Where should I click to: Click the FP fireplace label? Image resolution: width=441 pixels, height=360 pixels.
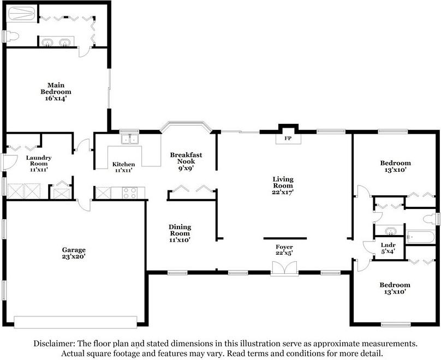(x=288, y=138)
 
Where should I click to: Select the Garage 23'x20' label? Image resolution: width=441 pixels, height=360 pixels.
(x=74, y=253)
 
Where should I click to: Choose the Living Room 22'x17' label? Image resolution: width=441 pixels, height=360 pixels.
(x=283, y=185)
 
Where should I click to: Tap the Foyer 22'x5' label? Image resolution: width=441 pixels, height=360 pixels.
(x=284, y=250)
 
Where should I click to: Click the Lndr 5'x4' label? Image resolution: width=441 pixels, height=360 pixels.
(x=388, y=248)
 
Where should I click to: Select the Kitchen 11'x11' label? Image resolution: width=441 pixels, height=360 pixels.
(x=123, y=167)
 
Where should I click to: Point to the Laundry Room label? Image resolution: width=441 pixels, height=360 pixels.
(x=39, y=164)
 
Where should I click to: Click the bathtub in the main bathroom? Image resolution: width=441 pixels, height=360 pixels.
(x=22, y=14)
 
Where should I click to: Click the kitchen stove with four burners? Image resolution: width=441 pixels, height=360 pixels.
(x=130, y=193)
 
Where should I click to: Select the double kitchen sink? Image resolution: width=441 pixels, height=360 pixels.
(x=130, y=139)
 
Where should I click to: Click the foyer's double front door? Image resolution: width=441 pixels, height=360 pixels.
(x=284, y=268)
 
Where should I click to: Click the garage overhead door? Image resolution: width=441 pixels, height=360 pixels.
(x=76, y=322)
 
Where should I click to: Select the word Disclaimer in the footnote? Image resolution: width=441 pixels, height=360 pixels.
(x=54, y=344)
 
